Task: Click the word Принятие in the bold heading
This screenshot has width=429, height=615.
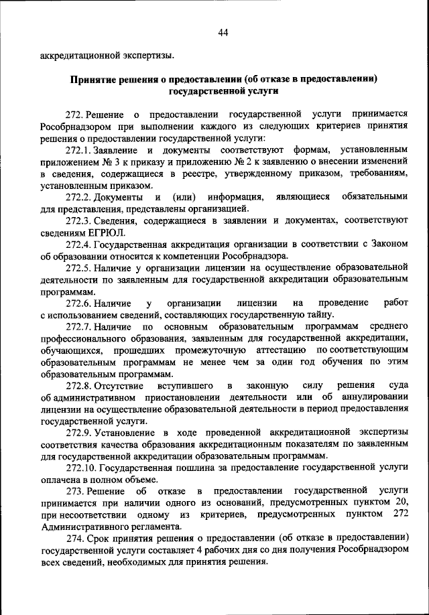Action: point(93,78)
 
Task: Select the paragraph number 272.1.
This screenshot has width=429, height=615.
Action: point(79,151)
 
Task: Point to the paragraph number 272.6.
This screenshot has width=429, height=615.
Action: point(79,303)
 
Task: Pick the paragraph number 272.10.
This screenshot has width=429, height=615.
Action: point(82,469)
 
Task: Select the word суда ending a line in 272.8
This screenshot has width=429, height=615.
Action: point(398,387)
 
